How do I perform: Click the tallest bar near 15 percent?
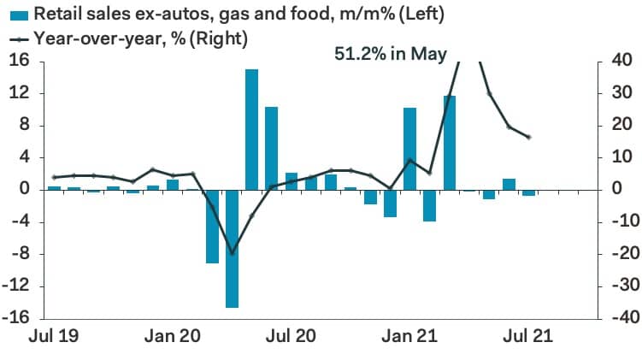pos(251,128)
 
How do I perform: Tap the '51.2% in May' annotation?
pos(389,54)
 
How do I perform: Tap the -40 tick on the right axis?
pos(615,318)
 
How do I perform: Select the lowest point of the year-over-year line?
pos(232,253)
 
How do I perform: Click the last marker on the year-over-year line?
pos(528,137)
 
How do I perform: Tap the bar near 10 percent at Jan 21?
pos(409,149)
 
